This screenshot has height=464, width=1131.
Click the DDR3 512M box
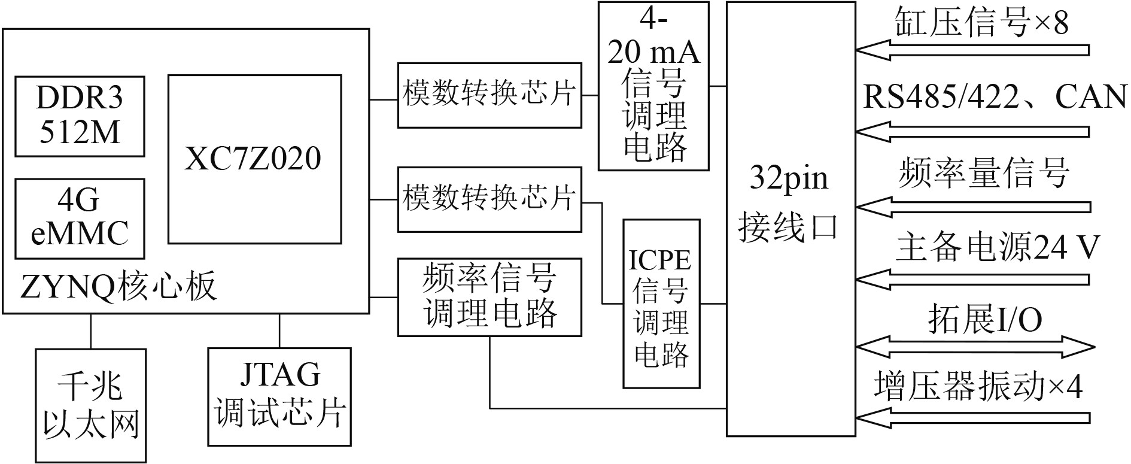point(80,116)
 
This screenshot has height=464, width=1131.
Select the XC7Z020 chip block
point(254,159)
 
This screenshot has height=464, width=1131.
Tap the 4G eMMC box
point(80,219)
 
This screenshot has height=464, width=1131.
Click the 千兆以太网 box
point(91,405)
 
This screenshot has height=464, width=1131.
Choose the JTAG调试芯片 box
point(279,396)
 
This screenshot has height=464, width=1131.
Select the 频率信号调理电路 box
point(490,297)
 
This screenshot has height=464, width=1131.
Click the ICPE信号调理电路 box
point(661,304)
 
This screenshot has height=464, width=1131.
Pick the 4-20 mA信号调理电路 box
point(653,86)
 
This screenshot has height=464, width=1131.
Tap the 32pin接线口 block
point(791,219)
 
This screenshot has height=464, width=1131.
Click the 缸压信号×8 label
point(981,24)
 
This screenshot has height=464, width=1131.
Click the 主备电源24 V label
point(997,247)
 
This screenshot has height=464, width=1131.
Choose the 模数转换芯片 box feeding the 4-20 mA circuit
point(490,95)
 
